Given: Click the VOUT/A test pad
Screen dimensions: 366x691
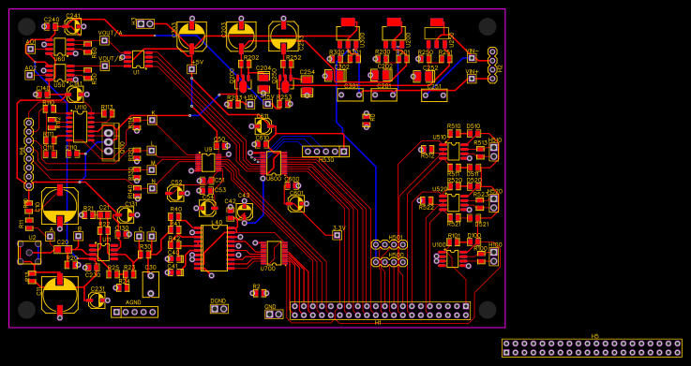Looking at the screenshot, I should coord(104,40).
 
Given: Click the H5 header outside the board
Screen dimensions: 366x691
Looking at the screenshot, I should coord(592,347).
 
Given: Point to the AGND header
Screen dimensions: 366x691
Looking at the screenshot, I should coord(134,312).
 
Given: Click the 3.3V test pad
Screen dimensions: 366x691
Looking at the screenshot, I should coord(338,235).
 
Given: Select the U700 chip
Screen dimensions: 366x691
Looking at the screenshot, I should coord(273,253).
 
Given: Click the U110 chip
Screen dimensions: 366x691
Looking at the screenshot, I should coord(81,126).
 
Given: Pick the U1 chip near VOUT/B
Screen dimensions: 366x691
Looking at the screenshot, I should coord(138,58).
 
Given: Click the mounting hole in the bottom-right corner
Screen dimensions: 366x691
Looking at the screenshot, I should coord(487,309).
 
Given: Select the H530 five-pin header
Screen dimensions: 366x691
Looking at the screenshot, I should coord(325,151).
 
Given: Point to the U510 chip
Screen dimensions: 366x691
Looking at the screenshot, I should coord(453,151).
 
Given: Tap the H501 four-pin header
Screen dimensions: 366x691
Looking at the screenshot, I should coord(389,245).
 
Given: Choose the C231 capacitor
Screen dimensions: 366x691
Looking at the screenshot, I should coord(96,300).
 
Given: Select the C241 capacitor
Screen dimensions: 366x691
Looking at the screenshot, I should coord(73,26).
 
